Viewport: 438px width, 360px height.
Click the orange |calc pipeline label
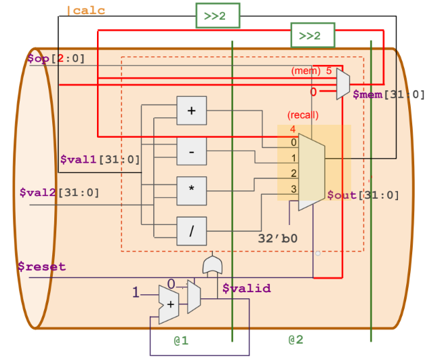click(85, 11)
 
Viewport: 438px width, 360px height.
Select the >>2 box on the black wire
click(218, 16)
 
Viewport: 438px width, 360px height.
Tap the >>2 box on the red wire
click(313, 35)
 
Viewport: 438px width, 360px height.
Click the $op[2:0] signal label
click(56, 59)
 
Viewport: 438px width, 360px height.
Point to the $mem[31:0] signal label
click(389, 94)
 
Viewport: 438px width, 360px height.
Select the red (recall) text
click(303, 115)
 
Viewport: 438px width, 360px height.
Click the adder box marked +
click(191, 111)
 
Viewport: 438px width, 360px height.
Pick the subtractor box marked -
click(191, 151)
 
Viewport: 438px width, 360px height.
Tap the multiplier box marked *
click(191, 191)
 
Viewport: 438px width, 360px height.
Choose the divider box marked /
click(191, 231)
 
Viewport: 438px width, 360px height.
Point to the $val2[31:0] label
click(58, 193)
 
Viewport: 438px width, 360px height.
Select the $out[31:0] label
click(363, 195)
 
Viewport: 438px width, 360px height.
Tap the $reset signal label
click(42, 266)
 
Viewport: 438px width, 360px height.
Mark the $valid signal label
click(246, 289)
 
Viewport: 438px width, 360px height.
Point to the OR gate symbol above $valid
click(212, 265)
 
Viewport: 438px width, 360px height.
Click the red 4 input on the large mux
click(293, 129)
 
